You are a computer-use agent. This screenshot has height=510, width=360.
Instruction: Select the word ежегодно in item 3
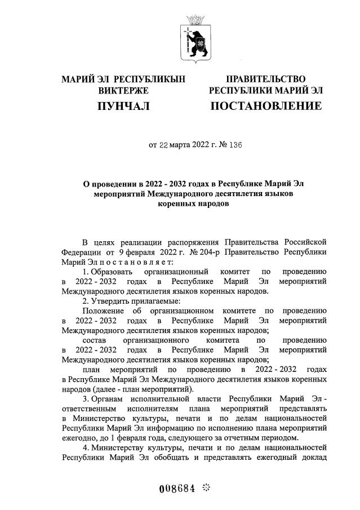[x=80, y=438]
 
